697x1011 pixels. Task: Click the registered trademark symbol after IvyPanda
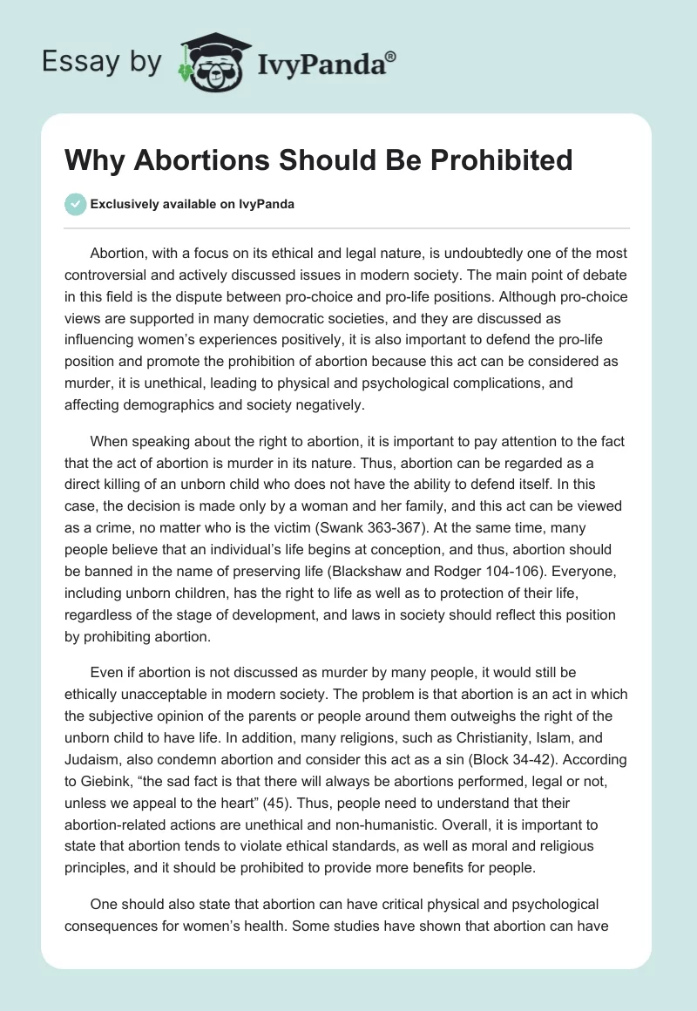point(391,57)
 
